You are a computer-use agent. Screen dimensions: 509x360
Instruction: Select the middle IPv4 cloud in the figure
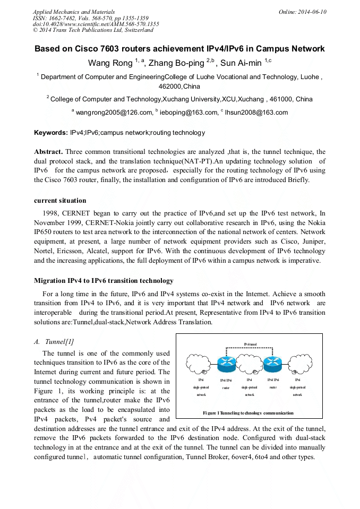[249, 366]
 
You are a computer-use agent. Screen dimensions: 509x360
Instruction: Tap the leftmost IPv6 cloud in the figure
[201, 365]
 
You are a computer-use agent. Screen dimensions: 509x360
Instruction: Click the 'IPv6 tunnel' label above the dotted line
[250, 344]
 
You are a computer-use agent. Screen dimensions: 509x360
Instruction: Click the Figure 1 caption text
[248, 412]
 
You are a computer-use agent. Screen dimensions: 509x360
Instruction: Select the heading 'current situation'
[59, 200]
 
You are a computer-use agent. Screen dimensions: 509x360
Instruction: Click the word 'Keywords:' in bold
[50, 132]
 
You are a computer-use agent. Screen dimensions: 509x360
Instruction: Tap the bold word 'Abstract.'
[49, 151]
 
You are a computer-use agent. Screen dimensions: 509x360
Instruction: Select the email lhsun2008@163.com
[256, 113]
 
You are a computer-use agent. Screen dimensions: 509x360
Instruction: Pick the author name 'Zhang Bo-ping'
[176, 63]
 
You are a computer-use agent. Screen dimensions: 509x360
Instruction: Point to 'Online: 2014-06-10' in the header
[303, 11]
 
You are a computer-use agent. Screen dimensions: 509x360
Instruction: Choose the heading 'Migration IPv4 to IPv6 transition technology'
[104, 280]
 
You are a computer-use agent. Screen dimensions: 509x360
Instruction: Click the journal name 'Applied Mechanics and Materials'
[74, 11]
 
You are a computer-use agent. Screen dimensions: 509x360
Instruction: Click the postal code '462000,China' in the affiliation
[180, 86]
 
